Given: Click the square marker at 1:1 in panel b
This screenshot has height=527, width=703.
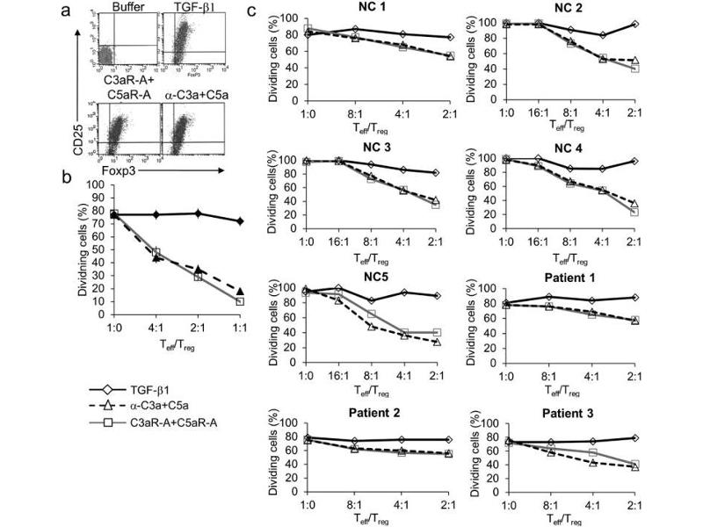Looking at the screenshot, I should (240, 301).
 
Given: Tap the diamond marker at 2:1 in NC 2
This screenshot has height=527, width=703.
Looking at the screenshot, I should (634, 24).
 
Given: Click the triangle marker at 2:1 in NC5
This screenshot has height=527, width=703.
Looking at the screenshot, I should (437, 341).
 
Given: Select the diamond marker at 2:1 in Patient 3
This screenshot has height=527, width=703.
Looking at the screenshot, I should (634, 438).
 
